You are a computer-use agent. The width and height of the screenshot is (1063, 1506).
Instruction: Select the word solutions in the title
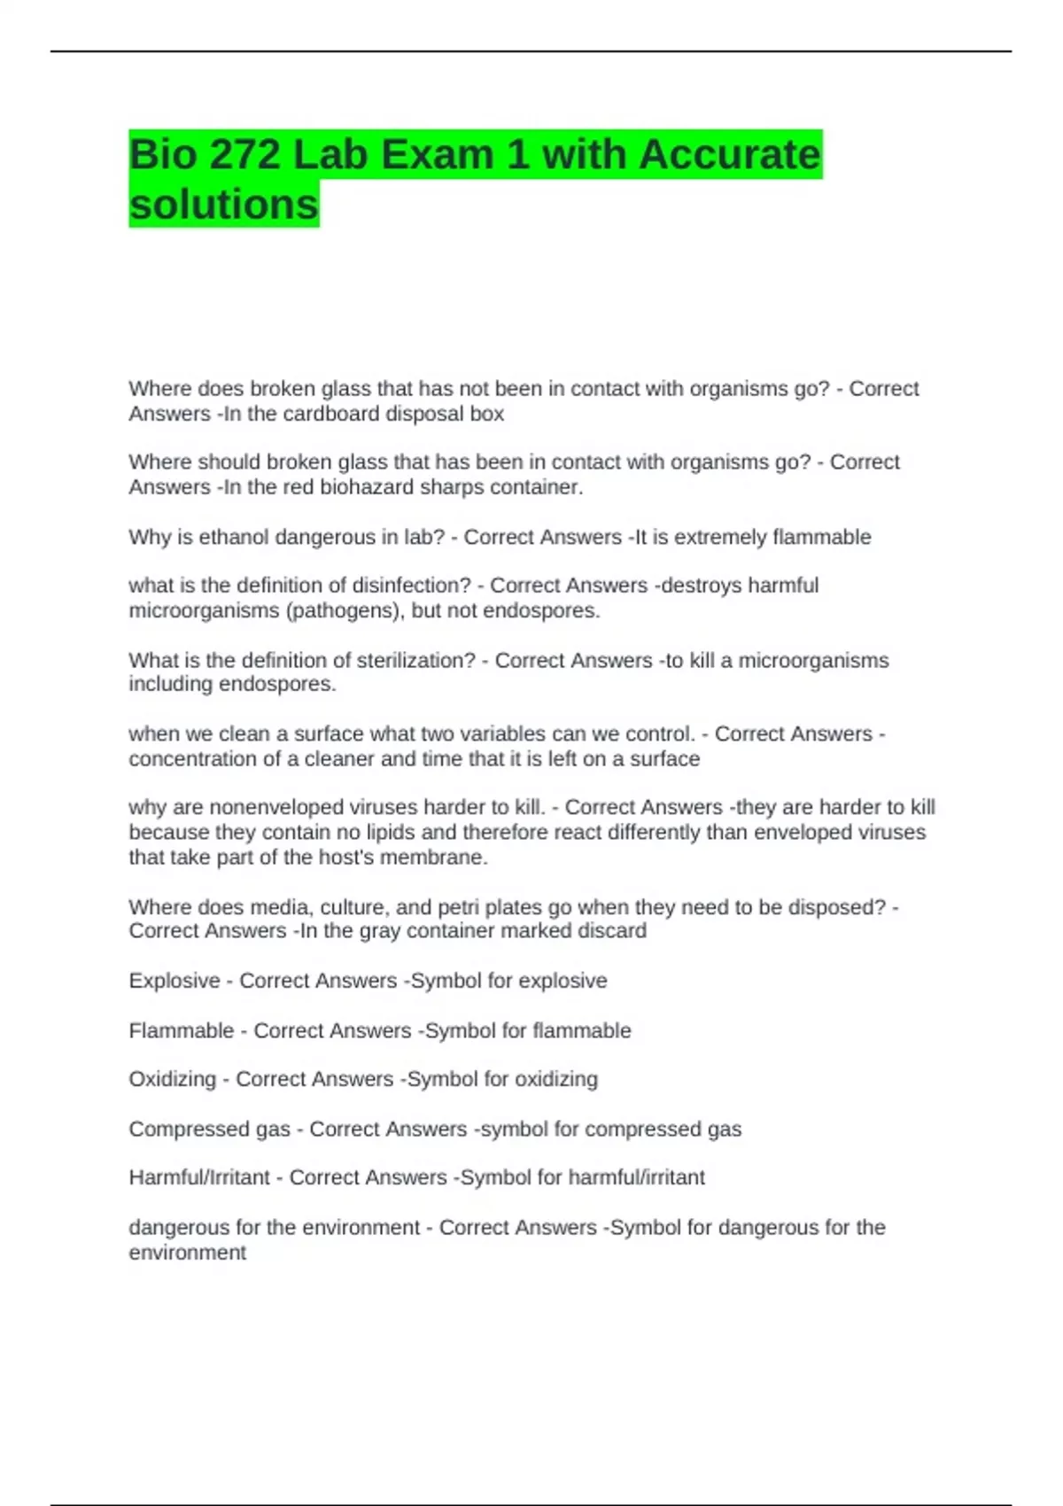223,204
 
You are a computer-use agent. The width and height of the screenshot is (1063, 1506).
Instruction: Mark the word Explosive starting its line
175,981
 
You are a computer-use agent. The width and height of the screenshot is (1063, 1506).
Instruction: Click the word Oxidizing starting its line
173,1079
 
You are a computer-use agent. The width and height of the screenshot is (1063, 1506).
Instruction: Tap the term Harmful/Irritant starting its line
199,1177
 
